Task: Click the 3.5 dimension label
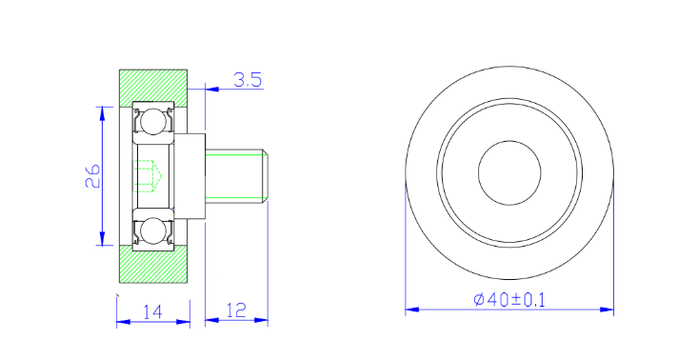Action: tap(248, 80)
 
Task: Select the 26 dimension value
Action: tap(93, 175)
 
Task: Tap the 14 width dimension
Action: tap(153, 311)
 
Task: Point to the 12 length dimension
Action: tap(236, 310)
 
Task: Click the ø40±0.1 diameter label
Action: tap(509, 299)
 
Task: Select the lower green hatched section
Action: tap(153, 264)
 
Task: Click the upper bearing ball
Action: tap(153, 122)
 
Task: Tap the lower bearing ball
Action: tap(153, 230)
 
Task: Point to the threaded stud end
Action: tap(236, 176)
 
